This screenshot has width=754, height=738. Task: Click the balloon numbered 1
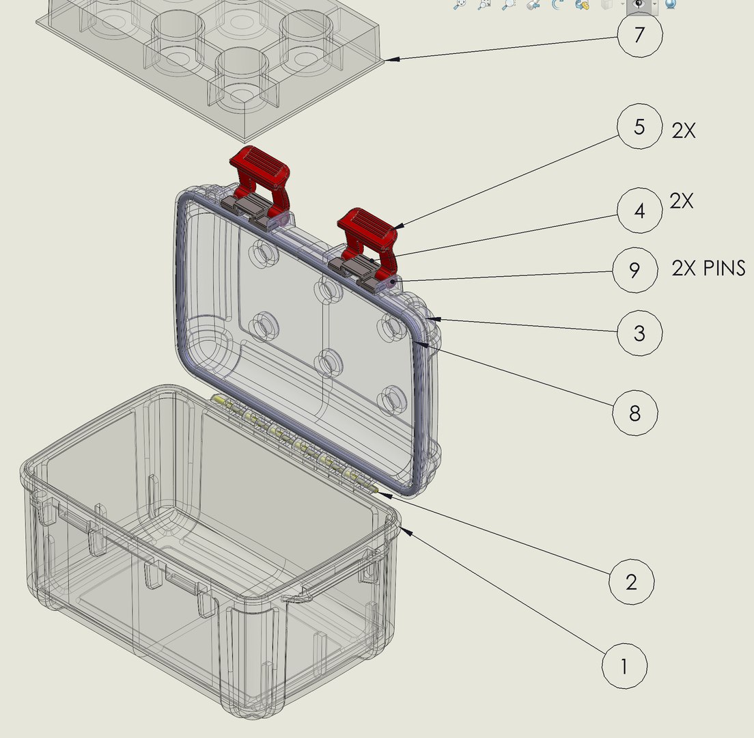tap(624, 666)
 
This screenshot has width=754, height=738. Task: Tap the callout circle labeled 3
tap(639, 333)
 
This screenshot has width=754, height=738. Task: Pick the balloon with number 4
tap(639, 211)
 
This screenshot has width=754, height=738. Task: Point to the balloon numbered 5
tap(639, 127)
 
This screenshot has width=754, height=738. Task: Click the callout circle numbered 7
tap(639, 34)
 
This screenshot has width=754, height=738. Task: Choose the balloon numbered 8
tap(635, 412)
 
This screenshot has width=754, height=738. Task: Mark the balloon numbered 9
tap(634, 270)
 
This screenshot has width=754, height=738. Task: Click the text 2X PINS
tap(708, 269)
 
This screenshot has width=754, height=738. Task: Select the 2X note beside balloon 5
tap(684, 131)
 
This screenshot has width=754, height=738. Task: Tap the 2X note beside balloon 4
tap(682, 202)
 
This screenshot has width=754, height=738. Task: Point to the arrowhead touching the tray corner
tap(389, 60)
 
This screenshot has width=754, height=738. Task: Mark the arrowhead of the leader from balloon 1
tap(404, 530)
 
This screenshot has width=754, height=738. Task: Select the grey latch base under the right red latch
tap(355, 269)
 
